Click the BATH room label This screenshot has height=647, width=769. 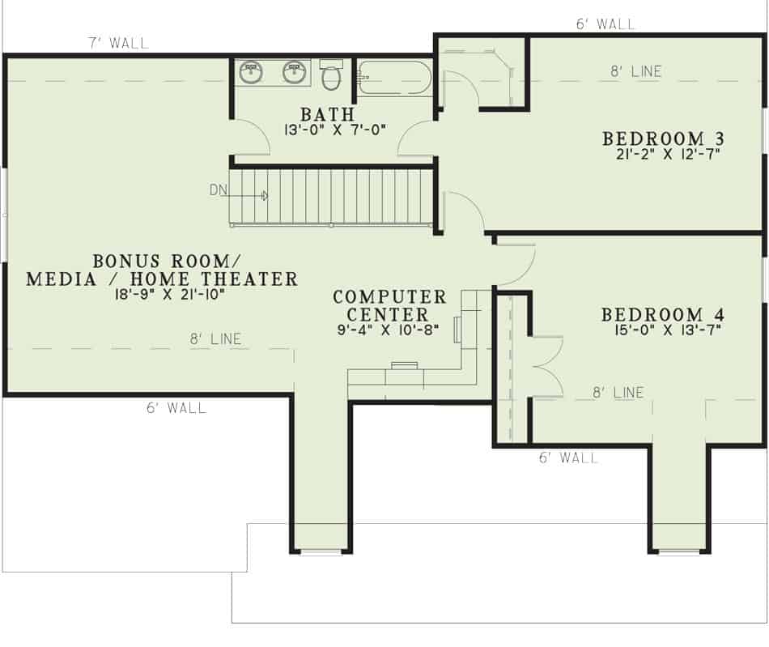coord(328,113)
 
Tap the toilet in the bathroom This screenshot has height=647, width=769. coord(330,75)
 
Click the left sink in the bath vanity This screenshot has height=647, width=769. coord(252,73)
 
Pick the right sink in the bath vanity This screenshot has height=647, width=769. coord(295,73)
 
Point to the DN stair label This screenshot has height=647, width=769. coord(218,190)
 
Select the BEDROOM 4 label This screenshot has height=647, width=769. coord(662,314)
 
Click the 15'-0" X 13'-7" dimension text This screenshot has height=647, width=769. coord(661,329)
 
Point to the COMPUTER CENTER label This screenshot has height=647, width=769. coord(389,306)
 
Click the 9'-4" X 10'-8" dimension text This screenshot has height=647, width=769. coord(389,330)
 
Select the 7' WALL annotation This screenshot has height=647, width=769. coord(118,42)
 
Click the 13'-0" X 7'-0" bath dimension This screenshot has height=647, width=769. coord(335,129)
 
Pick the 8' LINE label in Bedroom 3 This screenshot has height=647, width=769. coord(635,71)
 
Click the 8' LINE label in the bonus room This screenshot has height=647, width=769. coord(215,339)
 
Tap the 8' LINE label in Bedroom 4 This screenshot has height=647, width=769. coord(618,393)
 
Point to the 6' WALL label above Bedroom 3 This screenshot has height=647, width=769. coord(605,24)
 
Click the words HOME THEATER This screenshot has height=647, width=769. coord(236,279)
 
